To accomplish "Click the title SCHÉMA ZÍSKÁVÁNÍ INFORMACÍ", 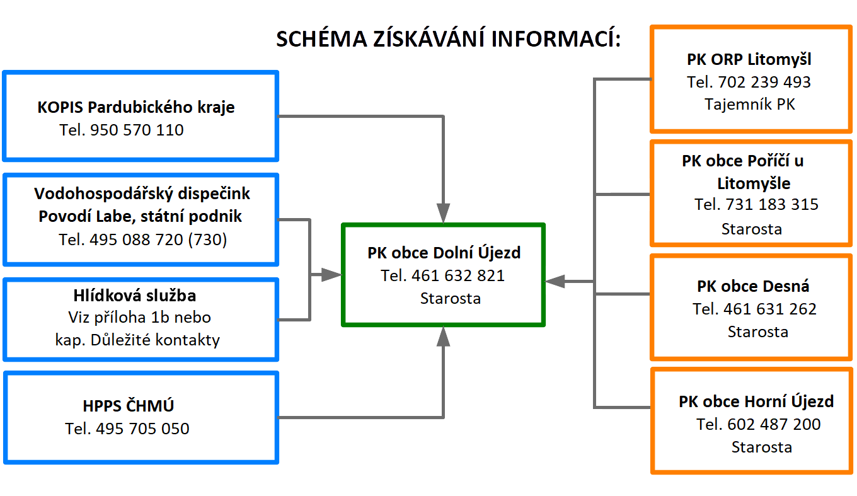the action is coord(449,38).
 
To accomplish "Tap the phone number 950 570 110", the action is coord(137,130).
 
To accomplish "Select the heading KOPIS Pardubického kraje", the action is coord(136,108).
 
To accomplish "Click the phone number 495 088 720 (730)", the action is coord(158,240).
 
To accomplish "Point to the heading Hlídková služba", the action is coord(135,296).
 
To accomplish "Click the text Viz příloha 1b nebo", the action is coord(140,318).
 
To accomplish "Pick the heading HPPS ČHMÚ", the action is coord(129,406).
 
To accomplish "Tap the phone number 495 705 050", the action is coord(142,429).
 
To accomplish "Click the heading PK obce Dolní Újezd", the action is coord(444,253).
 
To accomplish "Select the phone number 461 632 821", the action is coord(458,275).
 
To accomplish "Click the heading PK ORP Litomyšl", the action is coord(749,60).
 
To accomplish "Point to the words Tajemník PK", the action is coord(750,105).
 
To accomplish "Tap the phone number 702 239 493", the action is coord(764,82).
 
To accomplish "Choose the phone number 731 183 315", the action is coord(772,204).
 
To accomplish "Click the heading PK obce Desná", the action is coord(753,286).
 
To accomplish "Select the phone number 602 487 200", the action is coord(774,424).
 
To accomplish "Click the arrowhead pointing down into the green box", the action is coord(443,213).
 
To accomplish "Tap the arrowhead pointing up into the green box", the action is coord(443,337).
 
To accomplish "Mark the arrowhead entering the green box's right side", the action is coord(555,281).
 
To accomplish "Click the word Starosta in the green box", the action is coord(451,299).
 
